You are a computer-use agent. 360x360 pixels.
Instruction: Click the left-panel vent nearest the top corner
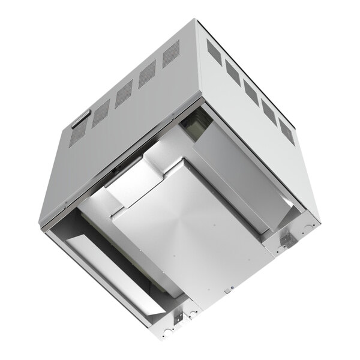click(x=172, y=57)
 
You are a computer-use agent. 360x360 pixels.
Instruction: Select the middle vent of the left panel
click(x=124, y=95)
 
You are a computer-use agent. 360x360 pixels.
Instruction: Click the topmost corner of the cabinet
click(x=197, y=20)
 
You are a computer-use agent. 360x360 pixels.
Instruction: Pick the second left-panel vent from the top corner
click(x=147, y=76)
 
